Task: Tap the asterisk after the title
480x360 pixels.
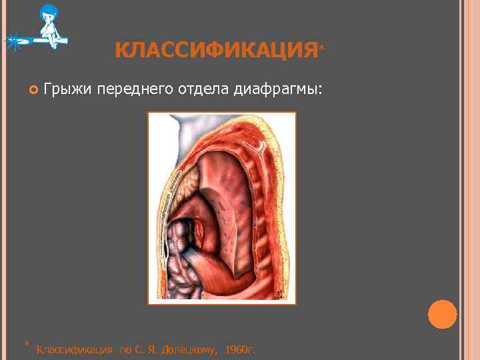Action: (x=323, y=48)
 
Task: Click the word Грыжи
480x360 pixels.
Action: (x=67, y=89)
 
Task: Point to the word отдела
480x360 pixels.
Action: (x=203, y=89)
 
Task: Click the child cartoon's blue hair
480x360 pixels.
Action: (x=49, y=12)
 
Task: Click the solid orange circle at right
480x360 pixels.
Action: (x=442, y=314)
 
